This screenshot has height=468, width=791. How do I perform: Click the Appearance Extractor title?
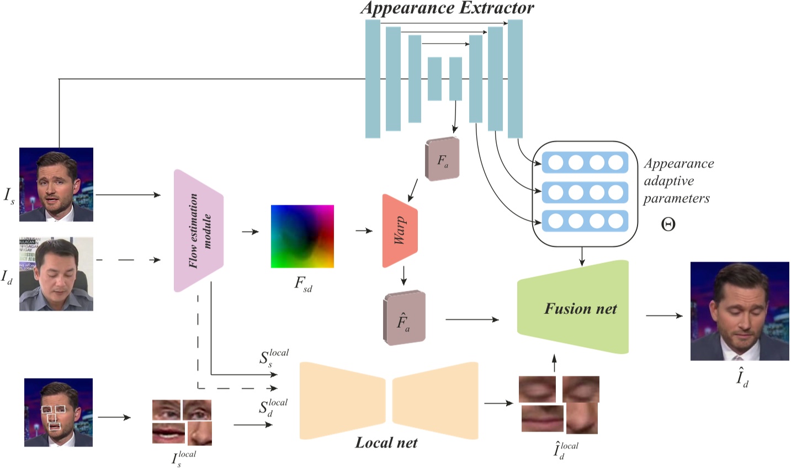pos(448,8)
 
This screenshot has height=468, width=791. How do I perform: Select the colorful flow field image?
pos(302,236)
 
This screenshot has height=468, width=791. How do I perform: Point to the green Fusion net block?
pos(574,308)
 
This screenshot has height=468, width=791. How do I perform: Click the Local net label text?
pos(386,443)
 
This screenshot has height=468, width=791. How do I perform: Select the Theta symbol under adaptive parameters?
pos(668,224)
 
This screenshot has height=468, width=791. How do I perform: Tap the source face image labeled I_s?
pos(56,184)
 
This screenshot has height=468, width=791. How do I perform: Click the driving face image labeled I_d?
pos(56,274)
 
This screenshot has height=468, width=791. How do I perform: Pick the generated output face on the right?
pos(740,311)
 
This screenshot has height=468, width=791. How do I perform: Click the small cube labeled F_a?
pos(442,159)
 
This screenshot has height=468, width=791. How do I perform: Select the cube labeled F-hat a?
pos(404,318)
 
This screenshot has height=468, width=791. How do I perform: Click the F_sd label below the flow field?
pos(303,284)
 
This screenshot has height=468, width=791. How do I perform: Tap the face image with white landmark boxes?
pos(59,412)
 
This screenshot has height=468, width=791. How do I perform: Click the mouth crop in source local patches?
pos(168,433)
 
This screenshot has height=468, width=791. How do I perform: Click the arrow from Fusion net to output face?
pos(664,316)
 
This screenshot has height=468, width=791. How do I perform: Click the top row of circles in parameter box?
pos(585,162)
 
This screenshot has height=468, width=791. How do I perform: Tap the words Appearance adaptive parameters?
pos(678,181)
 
